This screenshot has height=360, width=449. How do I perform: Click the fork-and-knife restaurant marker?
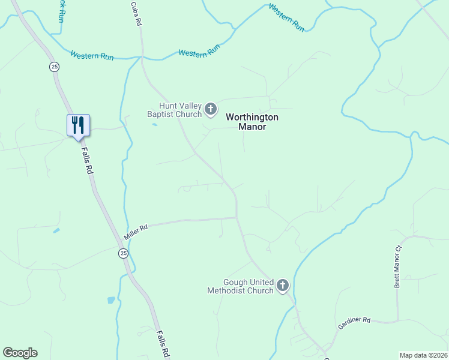(78, 125)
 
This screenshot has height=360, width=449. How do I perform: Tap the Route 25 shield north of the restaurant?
(55, 67)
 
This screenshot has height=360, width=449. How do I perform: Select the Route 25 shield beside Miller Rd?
(123, 254)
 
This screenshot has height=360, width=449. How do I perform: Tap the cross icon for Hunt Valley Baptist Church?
(211, 109)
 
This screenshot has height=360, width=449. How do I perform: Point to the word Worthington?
(252, 117)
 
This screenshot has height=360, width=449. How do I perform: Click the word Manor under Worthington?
(252, 127)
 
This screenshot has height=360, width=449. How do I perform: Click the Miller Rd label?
(135, 230)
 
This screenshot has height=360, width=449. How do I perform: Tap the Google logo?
(20, 353)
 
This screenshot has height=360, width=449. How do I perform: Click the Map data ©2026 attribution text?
(423, 355)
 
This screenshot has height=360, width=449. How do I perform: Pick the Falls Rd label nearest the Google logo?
(163, 343)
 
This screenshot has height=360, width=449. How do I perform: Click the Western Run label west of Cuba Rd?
(92, 55)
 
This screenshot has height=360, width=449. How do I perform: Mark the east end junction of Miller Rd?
(237, 218)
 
